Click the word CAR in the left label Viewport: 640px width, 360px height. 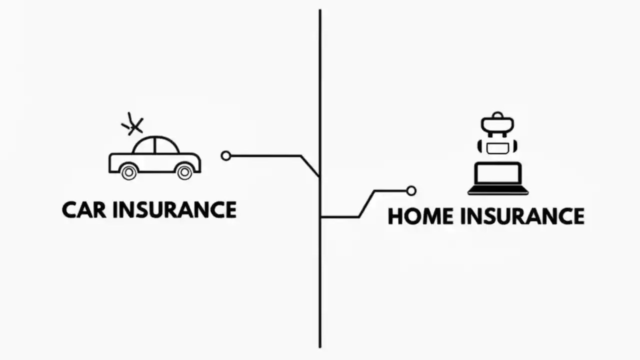tap(84, 209)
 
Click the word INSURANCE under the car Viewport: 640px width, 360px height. tap(174, 209)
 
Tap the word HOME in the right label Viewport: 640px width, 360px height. tap(420, 216)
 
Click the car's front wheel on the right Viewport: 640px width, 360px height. tap(184, 171)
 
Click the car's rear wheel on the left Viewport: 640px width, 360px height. tap(128, 171)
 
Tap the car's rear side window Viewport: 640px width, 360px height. tap(144, 146)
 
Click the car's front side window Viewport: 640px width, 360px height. tap(166, 146)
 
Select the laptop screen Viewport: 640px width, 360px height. tap(498, 173)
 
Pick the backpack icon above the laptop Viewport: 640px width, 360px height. tap(497, 134)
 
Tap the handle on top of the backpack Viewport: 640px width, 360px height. tap(497, 115)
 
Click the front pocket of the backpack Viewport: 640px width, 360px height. tap(497, 147)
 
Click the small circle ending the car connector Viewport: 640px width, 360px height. tap(226, 156)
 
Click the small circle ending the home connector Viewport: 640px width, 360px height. tap(411, 190)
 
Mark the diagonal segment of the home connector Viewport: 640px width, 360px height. tap(366, 203)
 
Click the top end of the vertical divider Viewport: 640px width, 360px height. tap(320, 11)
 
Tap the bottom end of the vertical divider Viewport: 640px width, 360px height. tap(320, 346)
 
